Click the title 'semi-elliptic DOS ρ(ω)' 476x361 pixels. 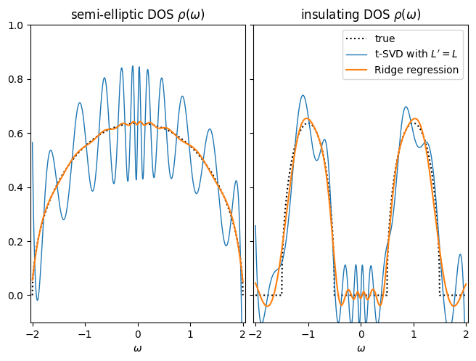click(x=137, y=15)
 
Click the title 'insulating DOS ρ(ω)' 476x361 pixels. click(x=361, y=15)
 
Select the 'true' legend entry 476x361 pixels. click(x=385, y=38)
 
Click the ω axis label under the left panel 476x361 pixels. click(x=137, y=348)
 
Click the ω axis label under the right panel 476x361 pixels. click(x=361, y=348)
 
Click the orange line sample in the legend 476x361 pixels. click(x=358, y=70)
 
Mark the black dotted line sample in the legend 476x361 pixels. click(x=358, y=38)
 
